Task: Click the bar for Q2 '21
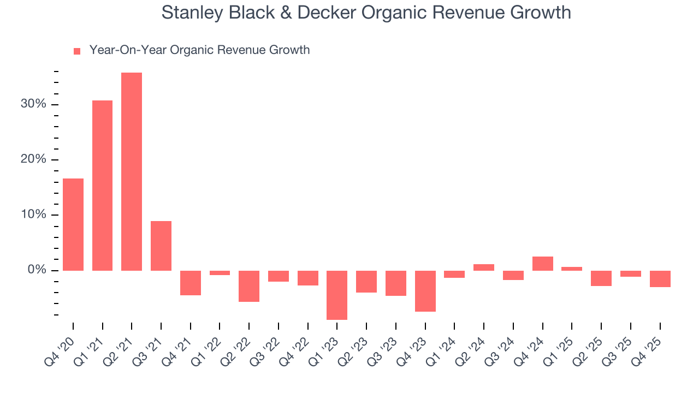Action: tap(132, 171)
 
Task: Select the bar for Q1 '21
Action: tap(102, 186)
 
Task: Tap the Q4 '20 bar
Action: tap(73, 224)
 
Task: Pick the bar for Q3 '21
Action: tap(161, 246)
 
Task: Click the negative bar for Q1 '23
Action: tap(337, 295)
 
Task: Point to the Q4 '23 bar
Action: tap(425, 291)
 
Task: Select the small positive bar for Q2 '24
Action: tap(484, 267)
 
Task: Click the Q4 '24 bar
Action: tap(542, 264)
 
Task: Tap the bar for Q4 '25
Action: tap(660, 279)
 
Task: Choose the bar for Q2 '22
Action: tap(249, 286)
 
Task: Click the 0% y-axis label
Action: tap(38, 270)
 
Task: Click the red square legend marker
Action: tap(77, 51)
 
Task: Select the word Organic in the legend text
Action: tap(192, 50)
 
